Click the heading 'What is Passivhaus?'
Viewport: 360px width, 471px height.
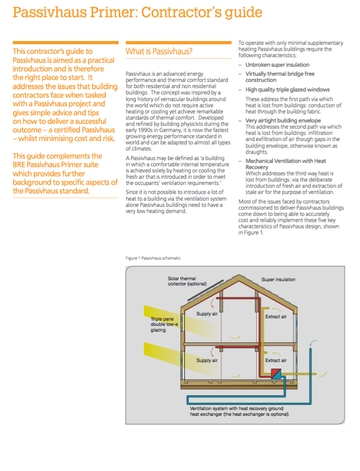159,51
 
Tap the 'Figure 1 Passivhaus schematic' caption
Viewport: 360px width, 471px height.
153,258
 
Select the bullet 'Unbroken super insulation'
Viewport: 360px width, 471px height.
277,65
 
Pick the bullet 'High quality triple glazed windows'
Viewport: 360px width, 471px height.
287,89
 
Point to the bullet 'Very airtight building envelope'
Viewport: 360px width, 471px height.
283,121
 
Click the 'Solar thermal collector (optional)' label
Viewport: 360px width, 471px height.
187,281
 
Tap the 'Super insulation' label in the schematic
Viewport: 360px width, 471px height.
278,279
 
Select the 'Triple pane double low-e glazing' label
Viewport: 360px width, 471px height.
164,324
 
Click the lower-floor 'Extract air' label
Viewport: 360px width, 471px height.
276,360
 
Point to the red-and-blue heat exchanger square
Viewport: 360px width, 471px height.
276,374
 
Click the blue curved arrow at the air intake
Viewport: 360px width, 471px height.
312,343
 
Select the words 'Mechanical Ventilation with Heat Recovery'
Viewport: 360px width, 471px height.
286,164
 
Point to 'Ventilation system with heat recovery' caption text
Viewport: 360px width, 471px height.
236,408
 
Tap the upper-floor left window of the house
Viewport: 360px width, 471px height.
183,325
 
